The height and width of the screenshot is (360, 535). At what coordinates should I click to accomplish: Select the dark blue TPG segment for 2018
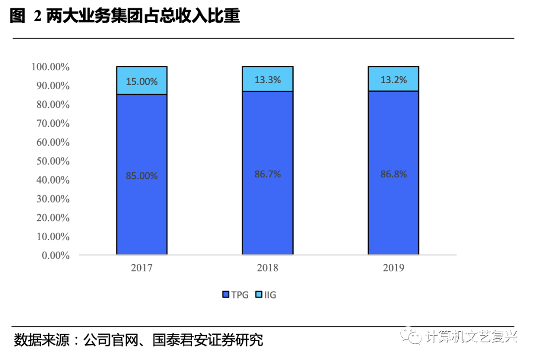tap(267, 208)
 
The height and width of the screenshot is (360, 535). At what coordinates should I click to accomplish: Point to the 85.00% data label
tap(142, 176)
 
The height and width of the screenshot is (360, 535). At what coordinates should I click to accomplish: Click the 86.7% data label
tap(267, 174)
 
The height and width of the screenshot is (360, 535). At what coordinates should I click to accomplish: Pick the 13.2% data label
tap(394, 80)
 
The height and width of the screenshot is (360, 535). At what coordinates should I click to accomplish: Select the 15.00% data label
tap(142, 81)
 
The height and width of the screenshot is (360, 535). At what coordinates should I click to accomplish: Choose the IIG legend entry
tap(266, 295)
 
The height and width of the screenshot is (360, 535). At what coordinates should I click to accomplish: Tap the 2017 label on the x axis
tap(142, 268)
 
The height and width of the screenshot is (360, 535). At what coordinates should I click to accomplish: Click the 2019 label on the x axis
tap(394, 268)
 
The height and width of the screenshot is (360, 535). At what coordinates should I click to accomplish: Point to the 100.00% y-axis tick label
tap(50, 67)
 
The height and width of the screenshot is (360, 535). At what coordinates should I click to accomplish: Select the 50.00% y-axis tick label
tap(52, 161)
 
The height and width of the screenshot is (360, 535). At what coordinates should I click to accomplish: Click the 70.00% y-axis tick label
tap(52, 123)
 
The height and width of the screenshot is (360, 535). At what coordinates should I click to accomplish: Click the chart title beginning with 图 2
tap(125, 17)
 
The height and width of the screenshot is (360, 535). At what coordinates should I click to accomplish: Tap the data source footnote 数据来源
tap(138, 341)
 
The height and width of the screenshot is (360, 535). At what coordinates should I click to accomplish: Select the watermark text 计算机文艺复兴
tap(471, 336)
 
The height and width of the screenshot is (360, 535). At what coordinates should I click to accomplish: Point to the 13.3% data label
tap(267, 80)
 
